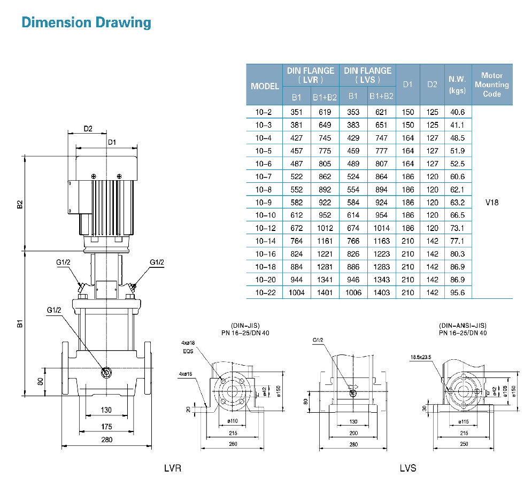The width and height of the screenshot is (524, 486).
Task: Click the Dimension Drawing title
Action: (86, 23)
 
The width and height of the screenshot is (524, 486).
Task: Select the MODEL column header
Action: (265, 86)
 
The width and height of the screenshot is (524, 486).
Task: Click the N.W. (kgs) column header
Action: (457, 84)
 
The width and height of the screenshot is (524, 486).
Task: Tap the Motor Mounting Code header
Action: (491, 84)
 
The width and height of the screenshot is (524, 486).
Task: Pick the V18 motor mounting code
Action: (491, 203)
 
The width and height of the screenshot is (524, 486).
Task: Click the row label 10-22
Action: (264, 293)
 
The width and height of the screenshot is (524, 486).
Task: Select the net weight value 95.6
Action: (458, 293)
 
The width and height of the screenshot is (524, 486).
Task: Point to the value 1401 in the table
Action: (325, 293)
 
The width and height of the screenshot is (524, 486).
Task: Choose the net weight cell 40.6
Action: (458, 112)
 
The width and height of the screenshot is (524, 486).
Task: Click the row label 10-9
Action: (264, 203)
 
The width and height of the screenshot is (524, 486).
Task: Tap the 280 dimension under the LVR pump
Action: (106, 439)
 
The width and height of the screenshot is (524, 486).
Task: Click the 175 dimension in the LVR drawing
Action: (106, 426)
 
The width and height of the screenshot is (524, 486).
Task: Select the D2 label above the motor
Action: (88, 128)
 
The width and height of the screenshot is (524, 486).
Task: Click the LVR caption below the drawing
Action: (173, 468)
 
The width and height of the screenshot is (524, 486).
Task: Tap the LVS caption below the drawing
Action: (408, 468)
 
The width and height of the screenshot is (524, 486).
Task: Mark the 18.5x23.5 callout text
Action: (422, 357)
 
